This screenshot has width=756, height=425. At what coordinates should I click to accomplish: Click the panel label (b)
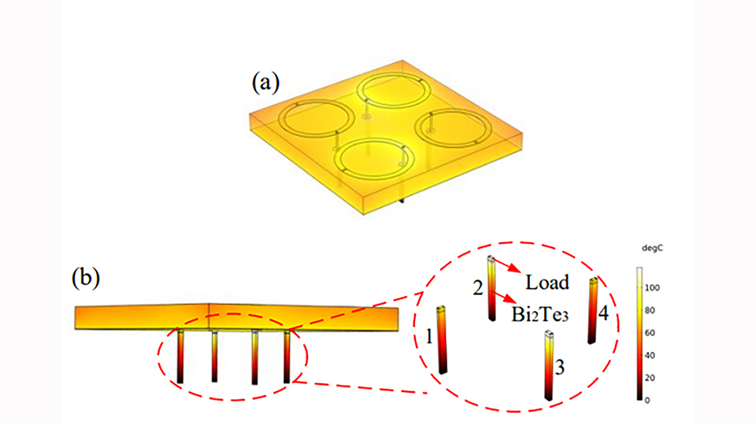[86, 278]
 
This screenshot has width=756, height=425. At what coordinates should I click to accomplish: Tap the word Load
[547, 282]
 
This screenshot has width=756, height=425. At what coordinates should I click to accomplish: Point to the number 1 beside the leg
[428, 338]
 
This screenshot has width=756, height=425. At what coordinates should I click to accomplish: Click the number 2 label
[477, 288]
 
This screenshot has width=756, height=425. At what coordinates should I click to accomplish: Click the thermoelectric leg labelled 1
[443, 339]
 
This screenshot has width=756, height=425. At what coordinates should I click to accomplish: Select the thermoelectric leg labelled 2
[491, 288]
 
